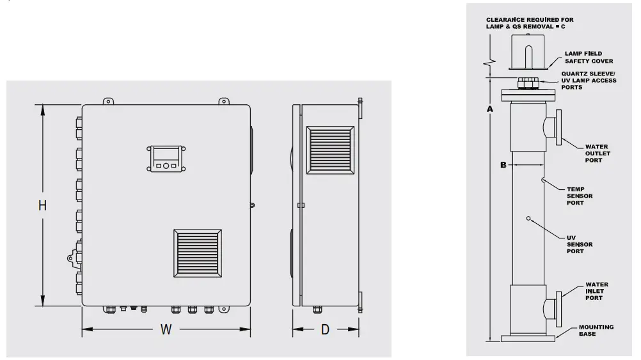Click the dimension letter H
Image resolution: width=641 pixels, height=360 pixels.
(x=42, y=206)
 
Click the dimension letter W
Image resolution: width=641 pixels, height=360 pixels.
(x=166, y=330)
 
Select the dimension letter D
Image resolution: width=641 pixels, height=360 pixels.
(x=325, y=330)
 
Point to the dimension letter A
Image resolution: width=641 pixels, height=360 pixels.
(x=489, y=109)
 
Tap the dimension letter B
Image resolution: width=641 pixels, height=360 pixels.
(x=503, y=165)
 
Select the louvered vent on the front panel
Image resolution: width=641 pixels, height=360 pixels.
(x=198, y=254)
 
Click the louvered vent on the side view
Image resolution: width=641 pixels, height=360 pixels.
(x=329, y=149)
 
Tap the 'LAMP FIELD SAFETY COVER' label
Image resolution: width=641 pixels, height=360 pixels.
(x=589, y=58)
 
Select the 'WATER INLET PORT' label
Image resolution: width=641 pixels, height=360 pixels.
(x=597, y=291)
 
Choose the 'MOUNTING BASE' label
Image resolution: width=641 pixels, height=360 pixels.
(x=596, y=331)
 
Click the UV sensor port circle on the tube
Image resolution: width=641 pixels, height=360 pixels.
(x=528, y=219)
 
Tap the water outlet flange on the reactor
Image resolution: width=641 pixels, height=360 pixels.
(x=558, y=127)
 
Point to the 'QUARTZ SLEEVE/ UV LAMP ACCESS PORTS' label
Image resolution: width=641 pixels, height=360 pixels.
(x=589, y=80)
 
